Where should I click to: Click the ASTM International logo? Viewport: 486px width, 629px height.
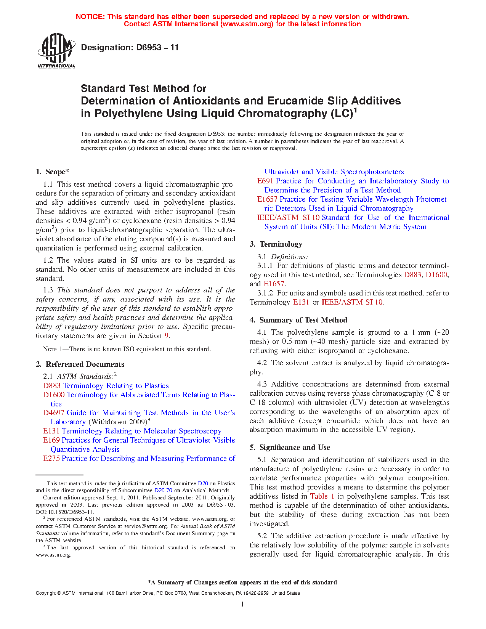click(x=56, y=51)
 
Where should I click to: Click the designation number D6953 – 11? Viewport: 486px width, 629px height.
click(x=130, y=48)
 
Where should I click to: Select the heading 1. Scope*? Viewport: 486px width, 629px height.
click(x=53, y=172)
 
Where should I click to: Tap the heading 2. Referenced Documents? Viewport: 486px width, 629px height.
click(x=80, y=364)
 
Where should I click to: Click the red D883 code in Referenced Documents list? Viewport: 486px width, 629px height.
click(x=52, y=386)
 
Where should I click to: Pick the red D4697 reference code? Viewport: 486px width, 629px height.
click(x=54, y=413)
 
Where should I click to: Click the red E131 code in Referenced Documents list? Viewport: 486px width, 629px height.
click(x=51, y=431)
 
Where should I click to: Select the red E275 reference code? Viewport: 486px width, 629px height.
click(x=51, y=459)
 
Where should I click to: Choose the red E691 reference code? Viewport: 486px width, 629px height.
click(x=265, y=181)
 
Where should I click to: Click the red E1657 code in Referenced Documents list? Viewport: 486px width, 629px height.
click(x=268, y=199)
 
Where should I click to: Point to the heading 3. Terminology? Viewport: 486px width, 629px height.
click(x=276, y=244)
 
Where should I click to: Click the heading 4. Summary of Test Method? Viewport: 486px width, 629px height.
click(x=298, y=320)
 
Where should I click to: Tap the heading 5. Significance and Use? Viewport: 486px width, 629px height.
click(x=290, y=448)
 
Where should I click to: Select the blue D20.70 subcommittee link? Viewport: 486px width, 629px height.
click(x=163, y=491)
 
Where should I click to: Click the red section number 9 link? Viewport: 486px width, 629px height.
click(x=166, y=336)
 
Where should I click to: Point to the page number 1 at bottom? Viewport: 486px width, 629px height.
click(x=242, y=604)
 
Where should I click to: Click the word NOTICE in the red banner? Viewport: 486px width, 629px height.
click(x=90, y=17)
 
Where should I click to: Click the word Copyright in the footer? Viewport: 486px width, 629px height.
click(x=46, y=593)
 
